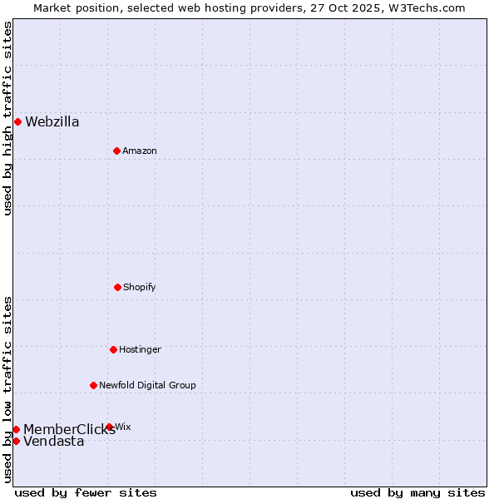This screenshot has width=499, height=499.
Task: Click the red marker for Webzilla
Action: (17, 121)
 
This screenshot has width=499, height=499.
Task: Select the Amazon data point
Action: (116, 151)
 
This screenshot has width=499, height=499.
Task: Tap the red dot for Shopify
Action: (117, 287)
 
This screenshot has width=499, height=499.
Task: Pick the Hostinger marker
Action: (113, 349)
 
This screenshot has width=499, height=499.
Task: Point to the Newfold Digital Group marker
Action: (93, 385)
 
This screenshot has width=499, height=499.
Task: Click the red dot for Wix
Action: (110, 427)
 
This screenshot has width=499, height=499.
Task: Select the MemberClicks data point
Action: (16, 429)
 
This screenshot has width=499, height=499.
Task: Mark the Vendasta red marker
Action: (16, 441)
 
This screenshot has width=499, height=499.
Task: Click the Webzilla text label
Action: (52, 122)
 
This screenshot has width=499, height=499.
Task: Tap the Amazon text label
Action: (140, 151)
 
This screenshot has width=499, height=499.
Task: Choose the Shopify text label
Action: (139, 287)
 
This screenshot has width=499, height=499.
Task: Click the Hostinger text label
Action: (140, 349)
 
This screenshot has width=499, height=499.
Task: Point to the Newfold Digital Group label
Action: (147, 385)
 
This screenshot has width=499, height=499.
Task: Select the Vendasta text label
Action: (54, 442)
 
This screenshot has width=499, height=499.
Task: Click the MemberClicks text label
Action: (69, 430)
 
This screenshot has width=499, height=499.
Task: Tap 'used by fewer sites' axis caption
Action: (86, 492)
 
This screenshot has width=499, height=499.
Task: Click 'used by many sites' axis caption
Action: (417, 492)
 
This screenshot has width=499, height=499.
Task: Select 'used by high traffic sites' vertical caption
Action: (7, 118)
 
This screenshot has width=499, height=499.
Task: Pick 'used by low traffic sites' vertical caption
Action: (7, 389)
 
